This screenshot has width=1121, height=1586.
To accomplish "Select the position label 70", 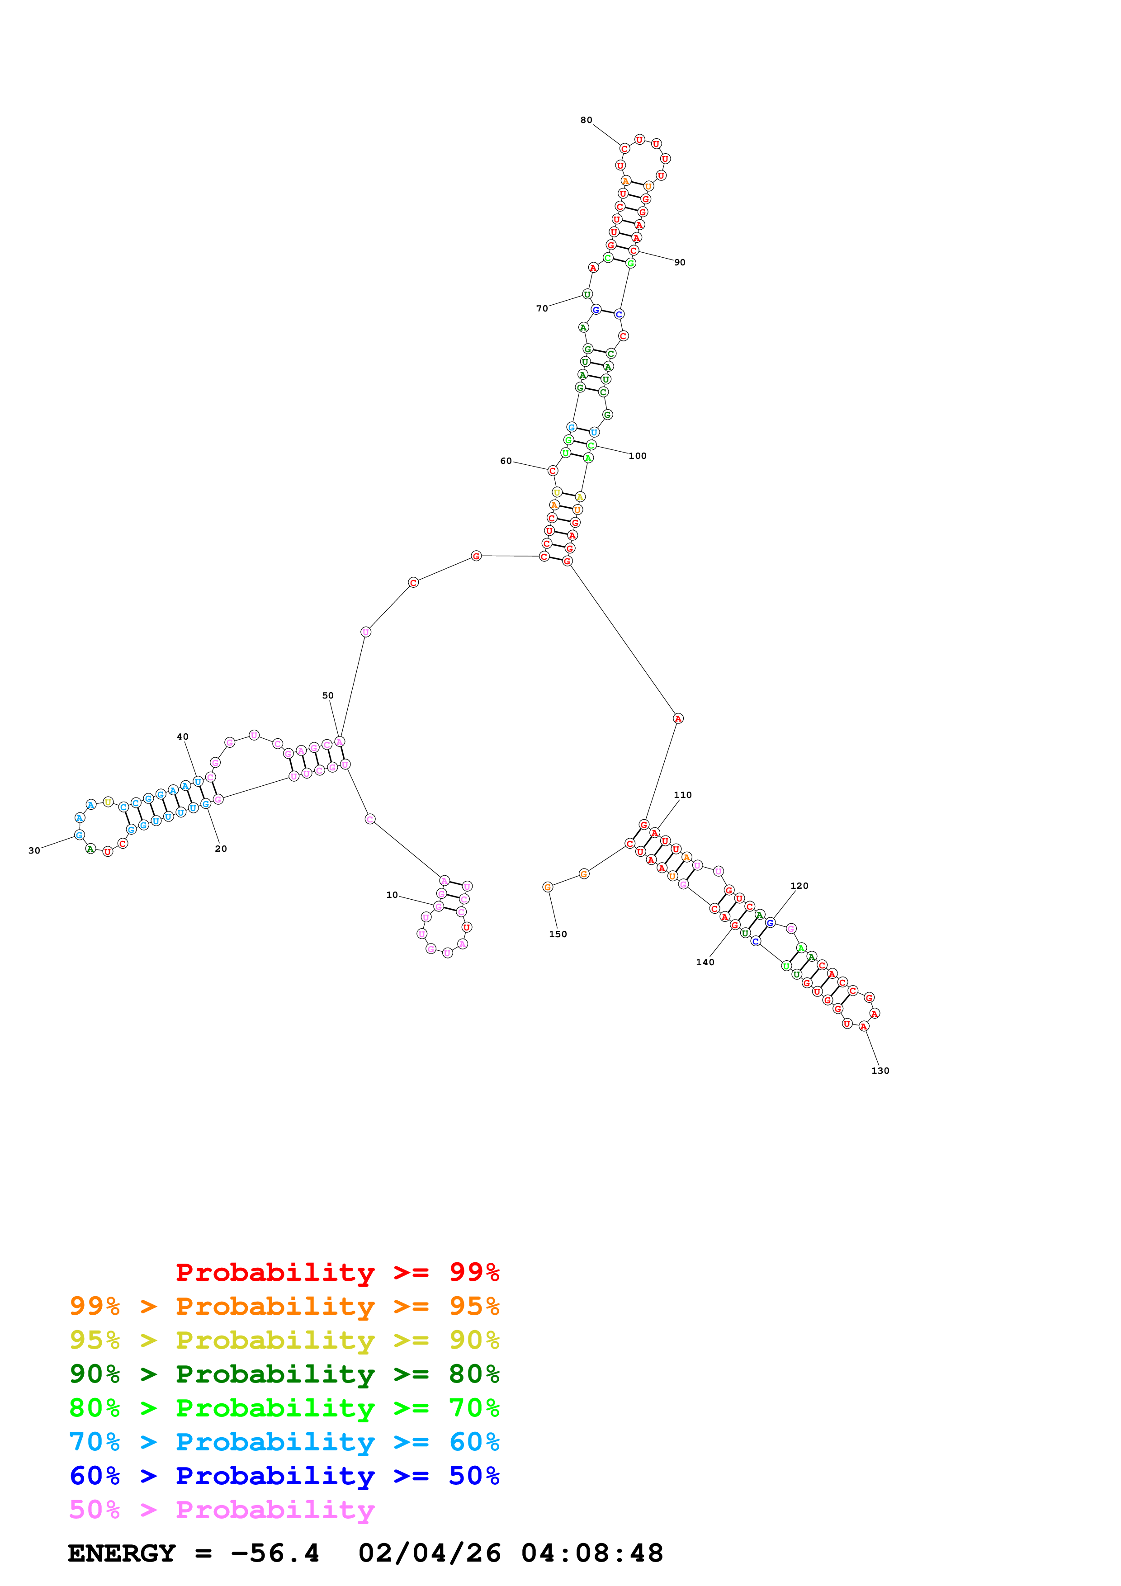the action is pyautogui.click(x=542, y=309).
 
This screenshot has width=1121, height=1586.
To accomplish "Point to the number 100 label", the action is pyautogui.click(x=638, y=456).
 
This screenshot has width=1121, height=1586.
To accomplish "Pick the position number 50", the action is pyautogui.click(x=328, y=696).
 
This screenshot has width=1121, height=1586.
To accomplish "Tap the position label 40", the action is pyautogui.click(x=182, y=737).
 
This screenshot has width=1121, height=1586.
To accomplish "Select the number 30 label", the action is pyautogui.click(x=34, y=850).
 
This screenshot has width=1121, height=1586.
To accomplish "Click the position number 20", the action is pyautogui.click(x=221, y=849).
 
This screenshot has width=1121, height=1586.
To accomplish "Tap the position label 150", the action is pyautogui.click(x=558, y=934).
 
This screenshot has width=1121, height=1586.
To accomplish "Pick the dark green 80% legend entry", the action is pyautogui.click(x=284, y=1374).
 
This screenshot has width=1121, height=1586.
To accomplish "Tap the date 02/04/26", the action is pyautogui.click(x=430, y=1553).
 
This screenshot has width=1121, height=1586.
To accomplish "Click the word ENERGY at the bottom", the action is pyautogui.click(x=122, y=1553).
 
